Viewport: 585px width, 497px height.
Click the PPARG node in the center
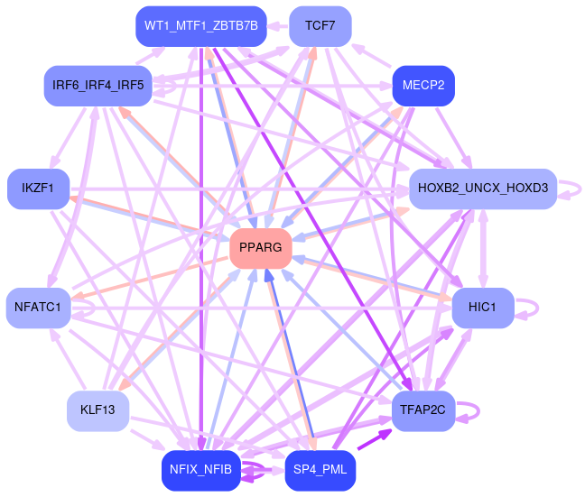(261, 247)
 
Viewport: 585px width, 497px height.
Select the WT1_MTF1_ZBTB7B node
(200, 25)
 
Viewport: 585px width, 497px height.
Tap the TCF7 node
(320, 25)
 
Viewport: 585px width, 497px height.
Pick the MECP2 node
(423, 87)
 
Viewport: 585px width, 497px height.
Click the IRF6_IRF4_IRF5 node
(98, 86)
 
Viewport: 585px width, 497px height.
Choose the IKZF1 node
(38, 189)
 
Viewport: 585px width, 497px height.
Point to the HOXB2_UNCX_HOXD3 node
(483, 189)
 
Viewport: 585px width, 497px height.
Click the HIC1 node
(483, 308)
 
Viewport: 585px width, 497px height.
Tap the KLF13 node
(98, 410)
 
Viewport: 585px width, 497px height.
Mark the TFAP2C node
(423, 410)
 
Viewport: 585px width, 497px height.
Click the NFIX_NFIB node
(200, 470)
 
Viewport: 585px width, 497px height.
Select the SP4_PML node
(320, 470)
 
